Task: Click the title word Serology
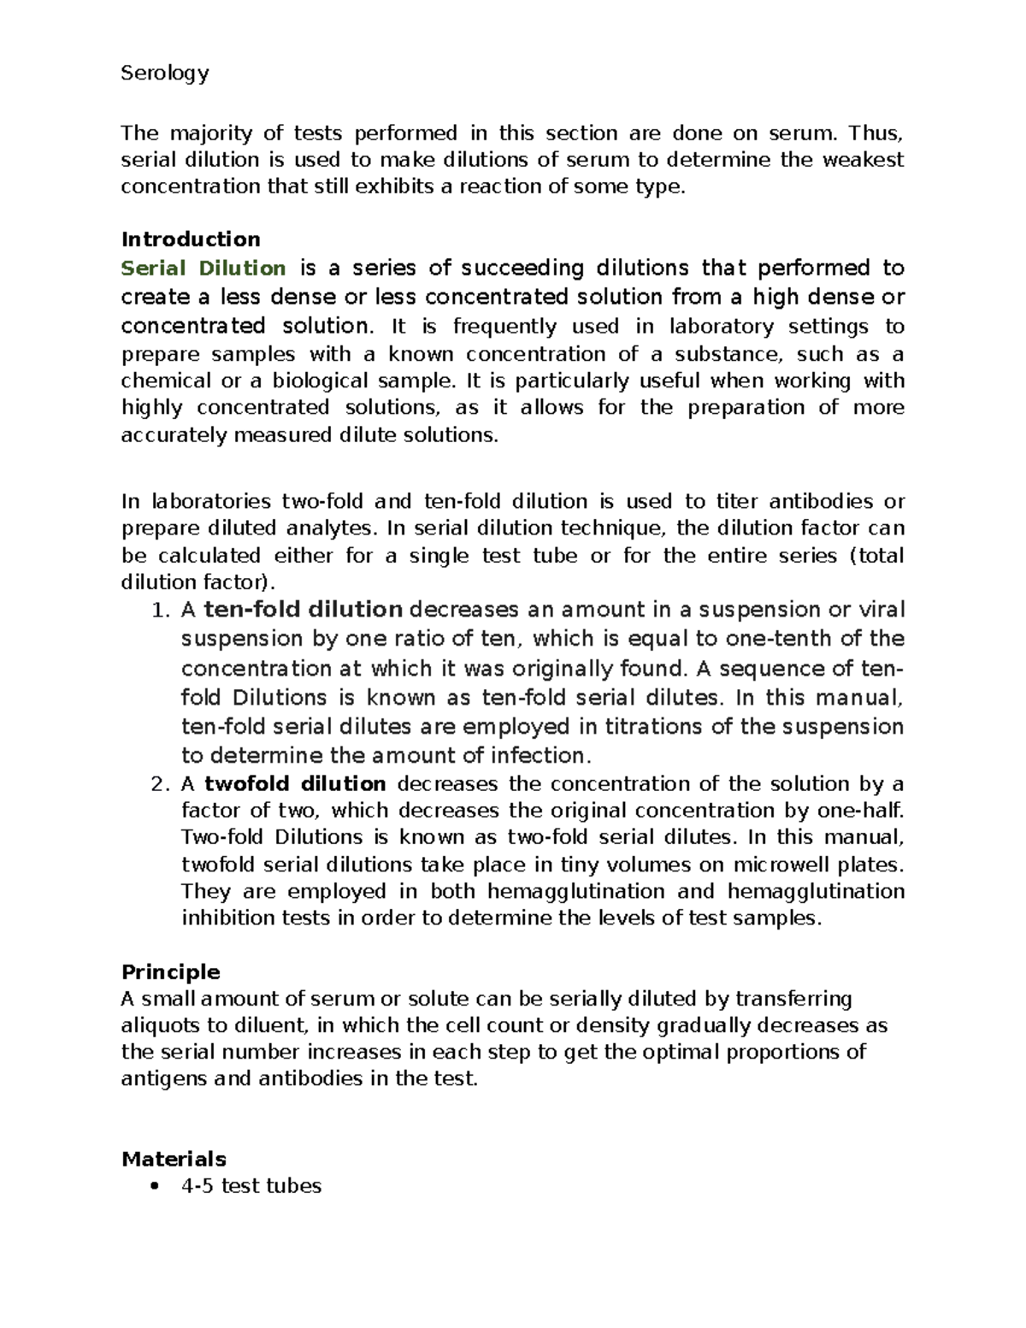[x=164, y=74]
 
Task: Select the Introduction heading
[x=191, y=239]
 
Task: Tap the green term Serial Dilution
[x=203, y=268]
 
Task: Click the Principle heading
[x=170, y=971]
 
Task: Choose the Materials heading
[x=174, y=1159]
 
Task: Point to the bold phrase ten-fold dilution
[x=304, y=610]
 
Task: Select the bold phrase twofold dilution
[x=295, y=783]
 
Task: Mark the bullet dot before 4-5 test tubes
[x=154, y=1186]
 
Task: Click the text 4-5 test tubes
[x=251, y=1186]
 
